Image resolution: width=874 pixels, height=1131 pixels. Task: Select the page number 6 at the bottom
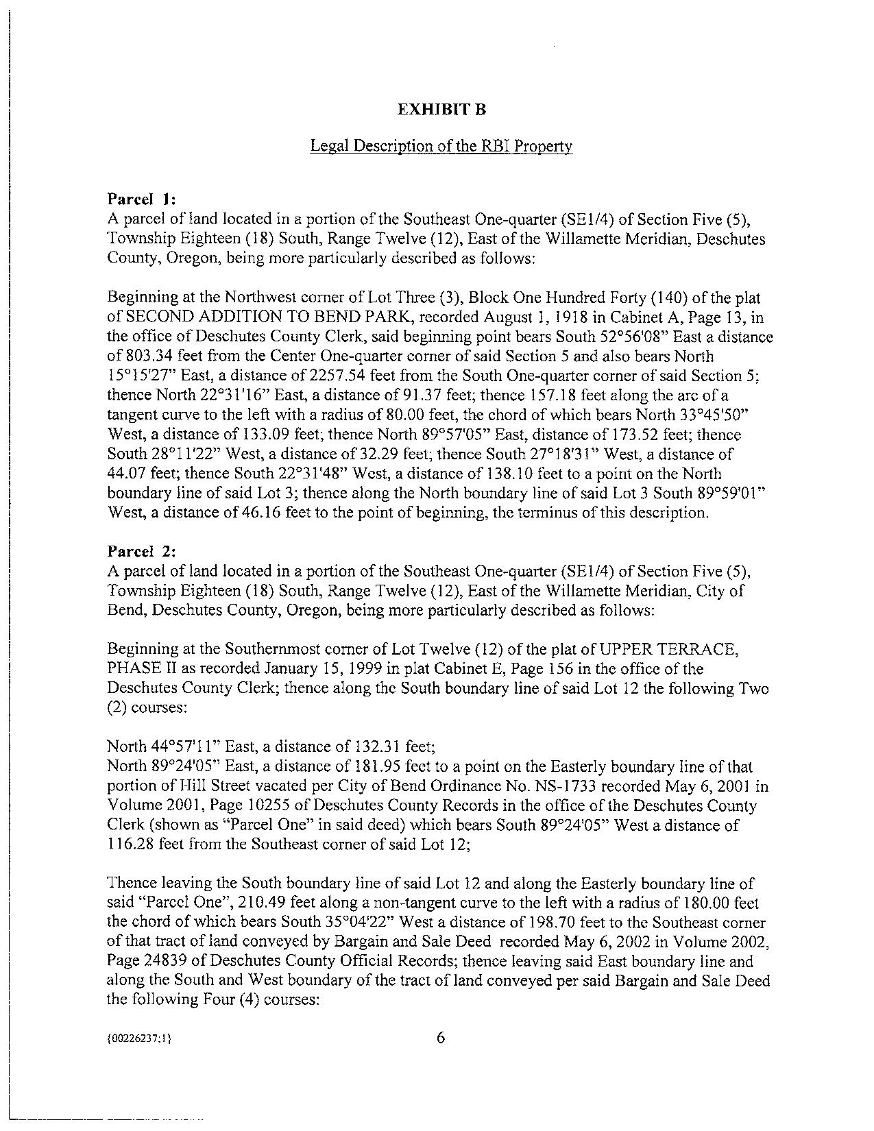coord(440,1037)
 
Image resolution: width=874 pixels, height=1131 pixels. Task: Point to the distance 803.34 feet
coord(155,356)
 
